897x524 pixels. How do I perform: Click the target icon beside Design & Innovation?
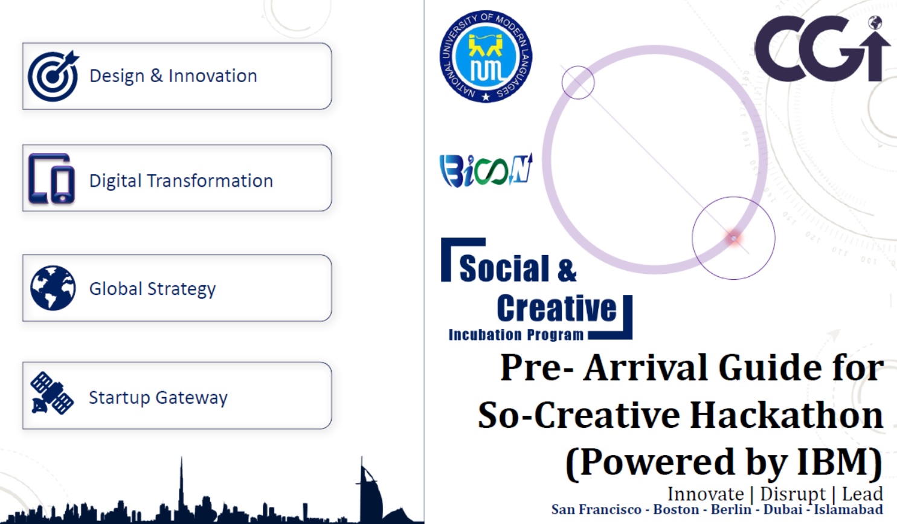coord(53,76)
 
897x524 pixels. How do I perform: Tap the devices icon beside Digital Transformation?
coord(52,179)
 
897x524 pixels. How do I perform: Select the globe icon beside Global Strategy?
coord(53,288)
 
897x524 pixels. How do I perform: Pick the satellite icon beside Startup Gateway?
coord(52,393)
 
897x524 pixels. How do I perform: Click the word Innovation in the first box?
coord(213,76)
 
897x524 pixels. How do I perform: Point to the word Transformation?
coord(210,181)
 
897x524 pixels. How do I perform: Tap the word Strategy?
coord(181,289)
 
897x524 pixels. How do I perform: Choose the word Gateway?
coord(191,398)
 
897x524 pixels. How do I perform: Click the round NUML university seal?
coord(486,56)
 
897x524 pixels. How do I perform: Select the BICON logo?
coord(486,170)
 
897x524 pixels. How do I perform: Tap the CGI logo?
coord(823,48)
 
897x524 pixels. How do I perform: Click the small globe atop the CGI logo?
coord(875,22)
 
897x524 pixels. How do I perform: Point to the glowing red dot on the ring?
coord(734,238)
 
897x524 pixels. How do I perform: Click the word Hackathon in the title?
coord(787,415)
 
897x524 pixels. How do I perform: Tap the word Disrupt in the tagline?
coord(793,494)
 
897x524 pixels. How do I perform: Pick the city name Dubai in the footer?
coord(783,509)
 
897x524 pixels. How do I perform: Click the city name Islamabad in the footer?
coord(849,509)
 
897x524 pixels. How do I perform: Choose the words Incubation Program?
coord(516,334)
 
